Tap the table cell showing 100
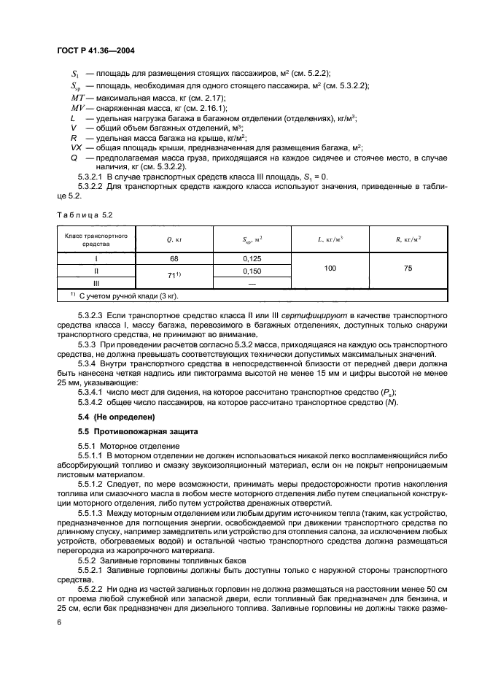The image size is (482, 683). click(x=330, y=269)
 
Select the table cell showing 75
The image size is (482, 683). click(x=408, y=269)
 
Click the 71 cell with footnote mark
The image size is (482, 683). click(x=174, y=275)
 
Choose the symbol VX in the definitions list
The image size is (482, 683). click(x=77, y=147)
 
